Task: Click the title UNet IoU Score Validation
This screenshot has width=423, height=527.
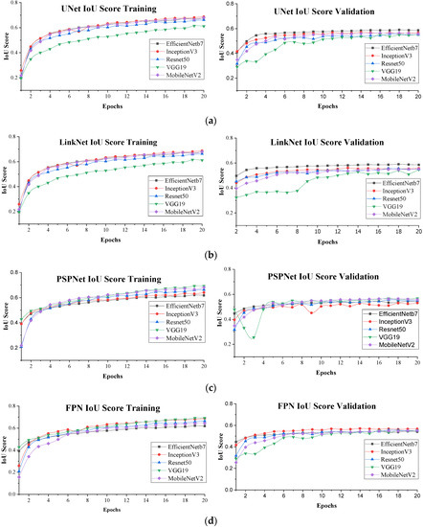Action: pos(323,8)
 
